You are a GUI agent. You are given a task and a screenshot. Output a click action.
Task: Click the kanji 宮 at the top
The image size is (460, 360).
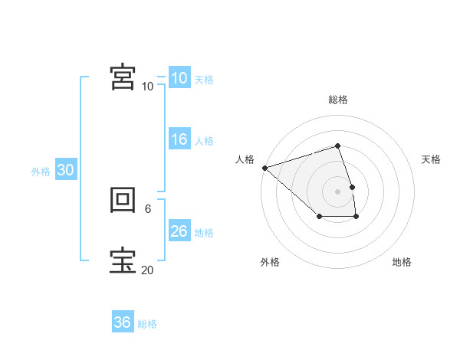pos(123,77)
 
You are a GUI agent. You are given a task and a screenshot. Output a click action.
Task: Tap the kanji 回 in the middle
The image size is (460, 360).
pos(123,201)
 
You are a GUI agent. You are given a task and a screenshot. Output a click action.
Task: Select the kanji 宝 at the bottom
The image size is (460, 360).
pos(123,260)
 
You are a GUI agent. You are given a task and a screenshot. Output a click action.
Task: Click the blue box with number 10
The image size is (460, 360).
pos(179,78)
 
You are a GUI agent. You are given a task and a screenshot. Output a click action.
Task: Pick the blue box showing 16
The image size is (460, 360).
pos(179,139)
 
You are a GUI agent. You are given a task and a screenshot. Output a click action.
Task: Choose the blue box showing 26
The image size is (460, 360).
pos(179,231)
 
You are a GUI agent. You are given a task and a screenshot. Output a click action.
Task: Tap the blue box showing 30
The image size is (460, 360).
pos(65,170)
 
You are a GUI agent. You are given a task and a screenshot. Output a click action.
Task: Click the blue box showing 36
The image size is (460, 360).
pos(122,322)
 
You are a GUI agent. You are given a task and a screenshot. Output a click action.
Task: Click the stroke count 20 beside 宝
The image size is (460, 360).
pos(147,270)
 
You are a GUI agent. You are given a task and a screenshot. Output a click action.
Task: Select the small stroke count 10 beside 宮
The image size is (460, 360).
pos(147,86)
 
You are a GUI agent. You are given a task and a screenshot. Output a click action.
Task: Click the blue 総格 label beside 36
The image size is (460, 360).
pos(147,324)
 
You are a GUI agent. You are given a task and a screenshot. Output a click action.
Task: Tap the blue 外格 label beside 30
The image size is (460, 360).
pos(41,172)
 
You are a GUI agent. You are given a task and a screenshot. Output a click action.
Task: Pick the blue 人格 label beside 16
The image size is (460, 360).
pos(204,141)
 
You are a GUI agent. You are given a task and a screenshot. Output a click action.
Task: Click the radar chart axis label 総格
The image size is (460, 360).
pos(338,100)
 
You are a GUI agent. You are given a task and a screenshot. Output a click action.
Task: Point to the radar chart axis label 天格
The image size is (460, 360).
pos(431,159)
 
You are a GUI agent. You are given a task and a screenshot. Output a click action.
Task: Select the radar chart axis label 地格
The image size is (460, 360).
pos(402,262)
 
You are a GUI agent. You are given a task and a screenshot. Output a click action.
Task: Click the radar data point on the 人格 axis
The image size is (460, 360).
pos(264,167)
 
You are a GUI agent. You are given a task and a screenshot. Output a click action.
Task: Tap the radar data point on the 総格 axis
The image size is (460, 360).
pos(338,146)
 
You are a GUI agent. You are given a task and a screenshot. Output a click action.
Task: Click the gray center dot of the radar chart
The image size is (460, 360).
pos(338,191)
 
